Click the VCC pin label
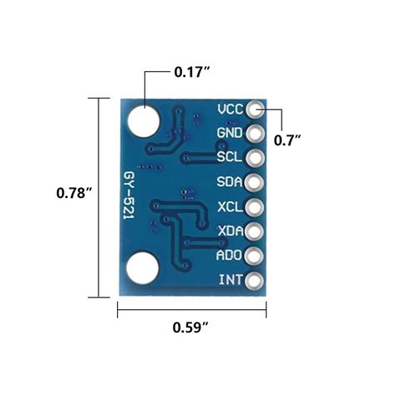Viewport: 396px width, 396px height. tap(230, 109)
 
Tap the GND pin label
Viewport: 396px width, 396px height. tap(230, 133)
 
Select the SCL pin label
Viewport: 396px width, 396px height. tap(230, 157)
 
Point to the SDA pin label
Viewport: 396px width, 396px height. tap(230, 181)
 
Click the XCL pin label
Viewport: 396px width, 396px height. tap(230, 206)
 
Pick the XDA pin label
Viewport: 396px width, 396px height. tap(230, 231)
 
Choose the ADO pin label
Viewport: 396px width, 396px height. tap(230, 255)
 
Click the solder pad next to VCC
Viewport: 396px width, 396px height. tap(255, 109)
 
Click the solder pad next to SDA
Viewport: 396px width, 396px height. tap(255, 181)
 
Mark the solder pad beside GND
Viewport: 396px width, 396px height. tap(255, 133)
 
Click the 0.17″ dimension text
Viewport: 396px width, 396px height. tap(190, 72)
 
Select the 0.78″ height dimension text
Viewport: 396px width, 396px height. tap(74, 192)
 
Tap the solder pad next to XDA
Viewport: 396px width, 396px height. tap(255, 231)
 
